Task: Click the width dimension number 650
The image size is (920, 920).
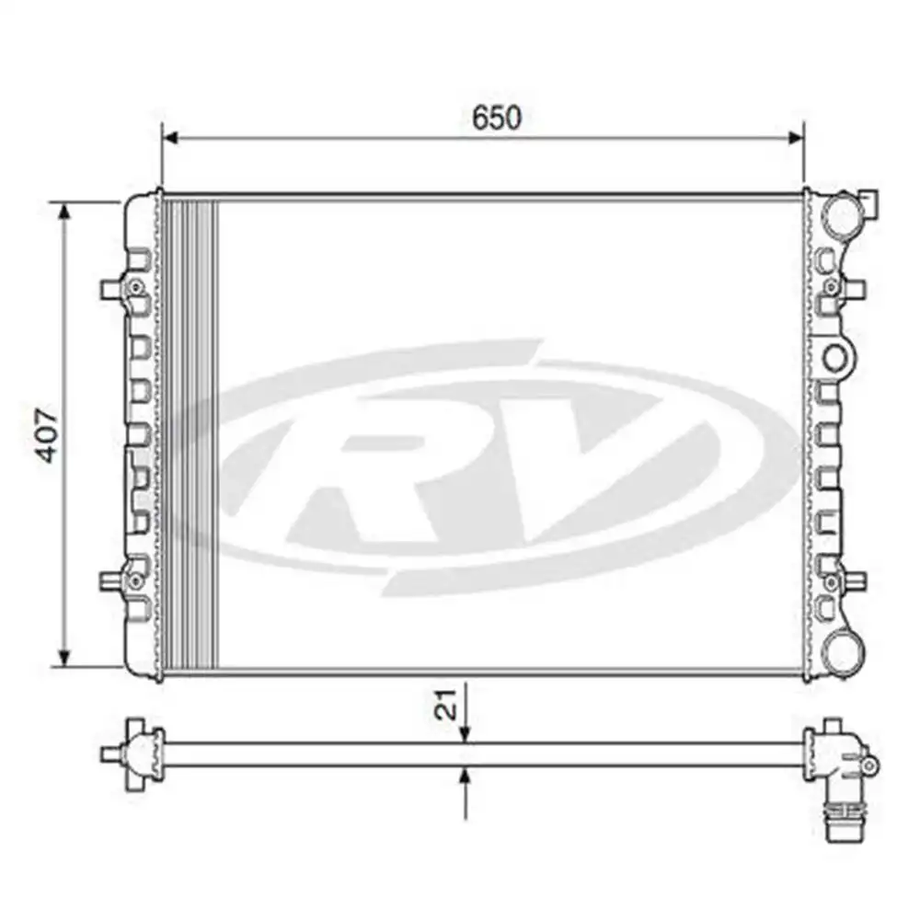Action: click(496, 118)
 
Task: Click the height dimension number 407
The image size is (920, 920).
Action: click(48, 432)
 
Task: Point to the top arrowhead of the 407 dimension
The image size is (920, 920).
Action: click(63, 212)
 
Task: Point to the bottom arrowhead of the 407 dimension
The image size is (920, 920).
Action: click(63, 658)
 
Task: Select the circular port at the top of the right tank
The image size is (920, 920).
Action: click(842, 215)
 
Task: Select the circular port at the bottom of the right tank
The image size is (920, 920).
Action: click(841, 650)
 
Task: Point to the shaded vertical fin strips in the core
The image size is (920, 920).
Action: click(192, 432)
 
